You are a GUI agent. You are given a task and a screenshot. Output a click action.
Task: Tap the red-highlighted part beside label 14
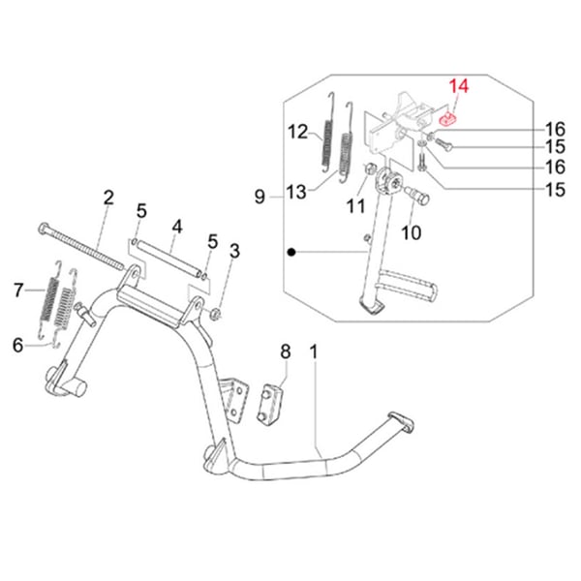tap(447, 119)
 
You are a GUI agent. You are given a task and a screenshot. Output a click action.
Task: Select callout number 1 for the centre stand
tap(314, 350)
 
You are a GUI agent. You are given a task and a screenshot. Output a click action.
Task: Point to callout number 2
tap(108, 198)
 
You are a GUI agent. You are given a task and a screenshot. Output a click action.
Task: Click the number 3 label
tap(233, 253)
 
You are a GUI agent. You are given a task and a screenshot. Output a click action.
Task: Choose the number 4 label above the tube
tap(177, 229)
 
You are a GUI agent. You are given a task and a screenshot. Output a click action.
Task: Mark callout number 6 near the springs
tap(17, 344)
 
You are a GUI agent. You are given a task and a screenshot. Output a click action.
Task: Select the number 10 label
tap(411, 232)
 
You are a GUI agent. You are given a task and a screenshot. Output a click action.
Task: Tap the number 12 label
tap(297, 131)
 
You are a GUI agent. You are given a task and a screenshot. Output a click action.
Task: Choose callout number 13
tap(296, 193)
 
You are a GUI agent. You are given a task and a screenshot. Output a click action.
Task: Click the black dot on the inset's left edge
tap(290, 252)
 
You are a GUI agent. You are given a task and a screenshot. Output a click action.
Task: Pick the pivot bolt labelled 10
tap(421, 197)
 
